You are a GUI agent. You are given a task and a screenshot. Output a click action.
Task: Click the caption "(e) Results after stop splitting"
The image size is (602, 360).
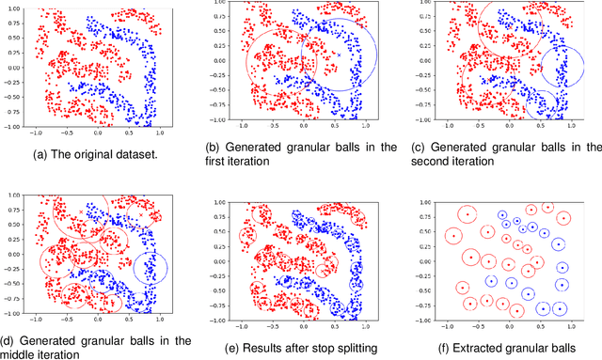(300, 347)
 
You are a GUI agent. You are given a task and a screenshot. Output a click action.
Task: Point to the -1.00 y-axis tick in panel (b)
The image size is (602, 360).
(217, 120)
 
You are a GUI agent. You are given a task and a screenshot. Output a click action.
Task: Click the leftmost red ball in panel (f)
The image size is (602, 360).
(453, 235)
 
